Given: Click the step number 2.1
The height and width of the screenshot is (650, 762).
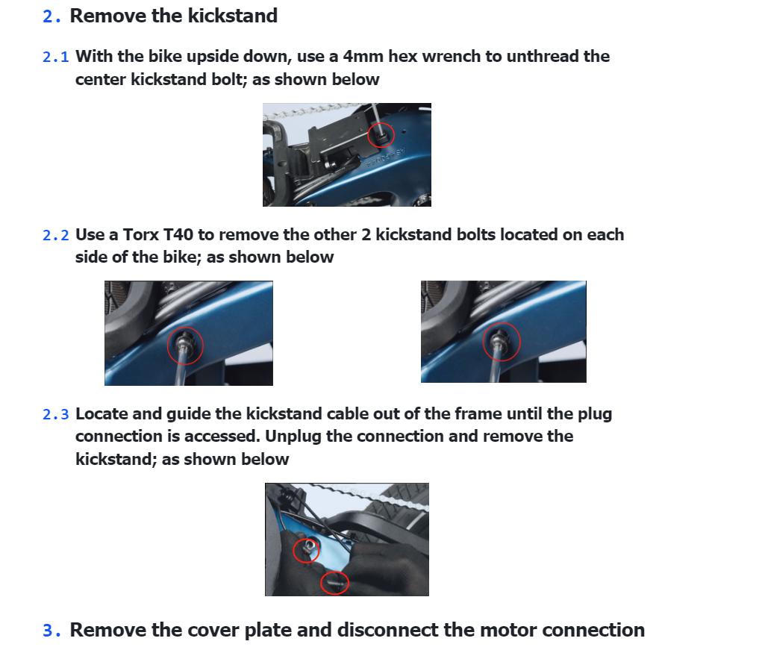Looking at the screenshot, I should pyautogui.click(x=56, y=57).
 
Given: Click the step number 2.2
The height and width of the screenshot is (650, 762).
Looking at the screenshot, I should pyautogui.click(x=56, y=235).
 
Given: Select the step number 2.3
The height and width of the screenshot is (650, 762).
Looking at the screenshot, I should pyautogui.click(x=56, y=414).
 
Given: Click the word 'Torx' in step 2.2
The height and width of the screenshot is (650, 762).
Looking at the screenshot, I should pyautogui.click(x=141, y=235).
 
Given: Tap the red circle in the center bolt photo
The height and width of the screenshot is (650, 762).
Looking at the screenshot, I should pyautogui.click(x=382, y=135).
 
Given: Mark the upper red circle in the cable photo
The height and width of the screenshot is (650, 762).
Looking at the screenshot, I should pyautogui.click(x=306, y=551).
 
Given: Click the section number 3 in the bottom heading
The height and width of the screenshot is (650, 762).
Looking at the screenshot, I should pyautogui.click(x=49, y=631).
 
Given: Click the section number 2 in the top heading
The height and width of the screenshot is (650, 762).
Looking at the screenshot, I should pyautogui.click(x=49, y=16).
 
